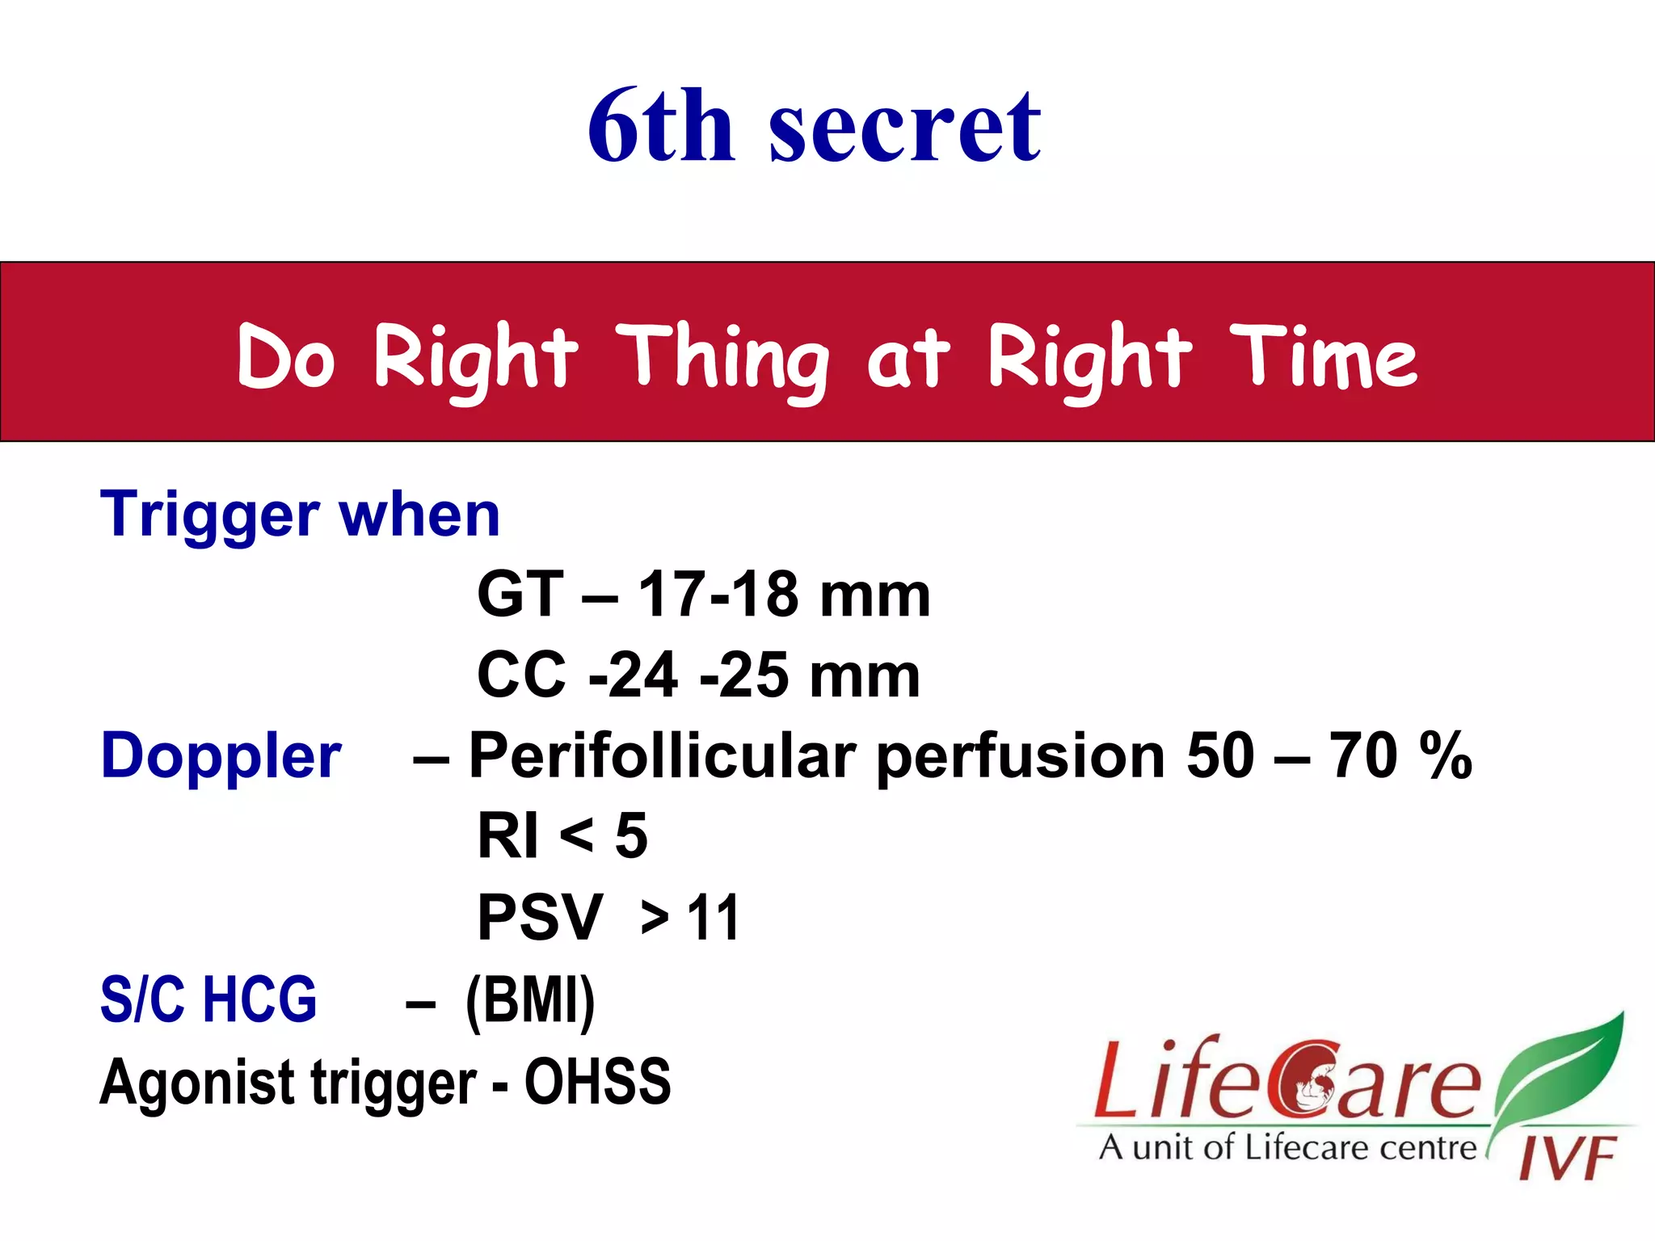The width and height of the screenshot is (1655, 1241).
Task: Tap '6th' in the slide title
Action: pos(661,128)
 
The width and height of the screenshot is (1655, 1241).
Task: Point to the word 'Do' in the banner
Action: pos(285,357)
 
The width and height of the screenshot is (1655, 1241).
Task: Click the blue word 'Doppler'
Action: pos(221,756)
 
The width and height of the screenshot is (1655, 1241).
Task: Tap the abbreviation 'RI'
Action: pos(507,837)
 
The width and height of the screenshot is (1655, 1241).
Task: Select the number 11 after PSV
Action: pos(713,919)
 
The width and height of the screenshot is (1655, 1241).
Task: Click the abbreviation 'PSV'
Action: pos(540,919)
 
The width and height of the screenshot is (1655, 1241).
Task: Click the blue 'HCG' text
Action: pos(259,1000)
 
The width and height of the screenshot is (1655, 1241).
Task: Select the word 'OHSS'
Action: pos(597,1081)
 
